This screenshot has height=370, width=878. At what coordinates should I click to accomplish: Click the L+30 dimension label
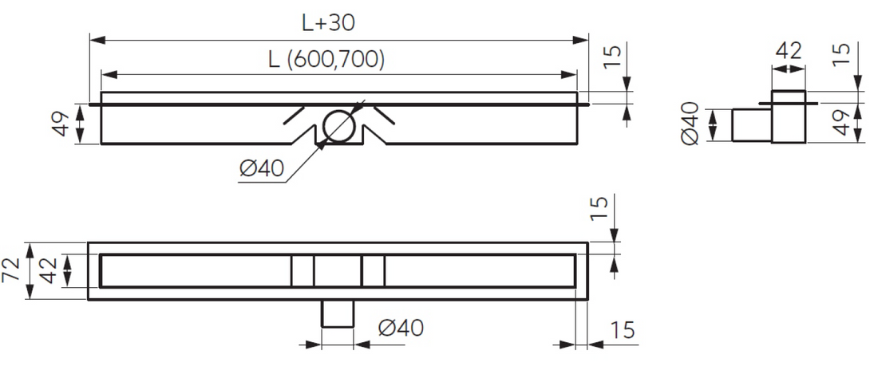coord(329,22)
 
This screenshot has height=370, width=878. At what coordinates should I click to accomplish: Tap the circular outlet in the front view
coord(338,125)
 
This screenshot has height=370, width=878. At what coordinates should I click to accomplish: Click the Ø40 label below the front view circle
coord(262,167)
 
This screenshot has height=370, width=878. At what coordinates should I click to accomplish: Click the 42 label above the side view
coord(789,52)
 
